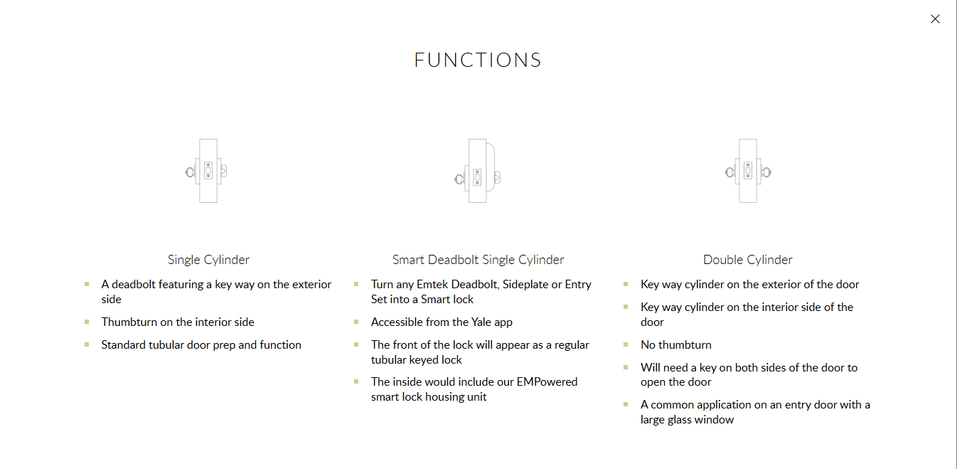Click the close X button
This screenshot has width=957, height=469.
point(935,19)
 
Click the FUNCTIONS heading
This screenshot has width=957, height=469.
point(478,60)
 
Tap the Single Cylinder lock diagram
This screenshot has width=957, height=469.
point(206,171)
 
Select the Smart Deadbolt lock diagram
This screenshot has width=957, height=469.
point(478,171)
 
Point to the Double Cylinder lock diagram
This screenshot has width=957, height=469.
point(748,171)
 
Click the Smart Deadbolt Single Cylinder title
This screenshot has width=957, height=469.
point(478,260)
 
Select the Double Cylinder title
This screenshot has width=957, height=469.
point(748,260)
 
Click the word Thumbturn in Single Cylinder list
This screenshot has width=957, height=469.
point(129,322)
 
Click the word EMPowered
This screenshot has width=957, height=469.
point(547,381)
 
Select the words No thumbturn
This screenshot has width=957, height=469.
point(676,345)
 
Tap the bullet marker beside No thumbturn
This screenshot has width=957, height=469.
point(626,344)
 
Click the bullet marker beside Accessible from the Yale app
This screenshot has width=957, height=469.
point(356,322)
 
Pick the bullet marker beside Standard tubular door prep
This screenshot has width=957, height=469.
point(87,344)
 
